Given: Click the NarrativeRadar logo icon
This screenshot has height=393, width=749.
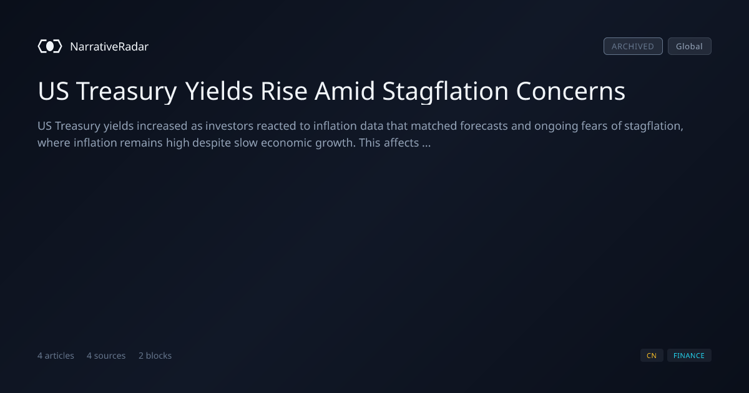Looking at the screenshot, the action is coord(50,46).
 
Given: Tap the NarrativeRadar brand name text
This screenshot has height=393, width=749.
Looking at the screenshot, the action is coord(109,46).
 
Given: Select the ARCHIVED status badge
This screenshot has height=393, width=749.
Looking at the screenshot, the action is coord(633,46).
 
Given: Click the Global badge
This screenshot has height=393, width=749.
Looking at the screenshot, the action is coord(690,46).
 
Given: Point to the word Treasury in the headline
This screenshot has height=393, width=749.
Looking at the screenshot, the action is coord(126,92).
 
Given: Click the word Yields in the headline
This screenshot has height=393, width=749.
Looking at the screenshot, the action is coord(219,91).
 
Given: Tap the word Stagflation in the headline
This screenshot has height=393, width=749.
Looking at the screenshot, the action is coord(446,92).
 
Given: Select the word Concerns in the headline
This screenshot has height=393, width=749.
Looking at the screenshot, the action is coord(570,91).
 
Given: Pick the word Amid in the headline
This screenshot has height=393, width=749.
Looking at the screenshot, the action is coord(345,91).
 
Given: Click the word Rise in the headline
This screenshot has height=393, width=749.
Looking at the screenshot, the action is coord(284,91).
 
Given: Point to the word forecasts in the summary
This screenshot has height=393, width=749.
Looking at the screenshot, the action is coord(484,126).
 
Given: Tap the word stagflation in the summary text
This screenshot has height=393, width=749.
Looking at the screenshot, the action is coord(654,127).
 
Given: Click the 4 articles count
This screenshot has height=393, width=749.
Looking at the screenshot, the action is coord(56,356).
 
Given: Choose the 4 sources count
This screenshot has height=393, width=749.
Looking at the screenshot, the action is coord(106,356).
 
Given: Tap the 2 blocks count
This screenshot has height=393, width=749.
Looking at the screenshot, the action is coord(155,356).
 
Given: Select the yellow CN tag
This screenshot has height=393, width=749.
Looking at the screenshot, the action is coord(652,356).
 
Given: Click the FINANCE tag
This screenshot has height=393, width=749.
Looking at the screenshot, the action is coord(689,356).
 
